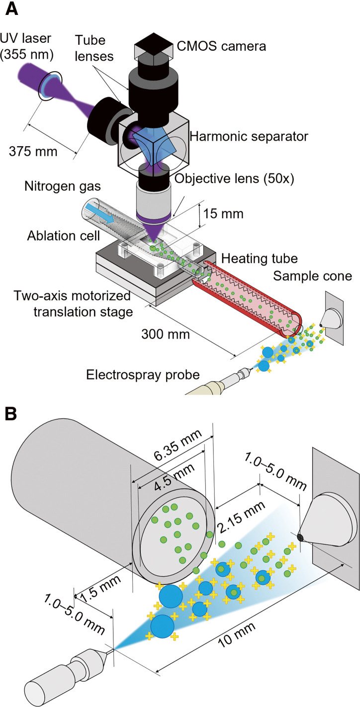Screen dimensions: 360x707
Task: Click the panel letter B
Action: [11, 414]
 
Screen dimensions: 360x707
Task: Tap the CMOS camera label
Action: [221, 46]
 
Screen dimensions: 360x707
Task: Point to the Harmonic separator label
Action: [249, 137]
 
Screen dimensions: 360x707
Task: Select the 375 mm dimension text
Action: [33, 152]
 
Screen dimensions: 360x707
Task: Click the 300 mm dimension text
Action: [166, 334]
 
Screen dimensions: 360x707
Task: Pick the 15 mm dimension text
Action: [223, 214]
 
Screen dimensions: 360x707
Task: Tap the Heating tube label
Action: [259, 259]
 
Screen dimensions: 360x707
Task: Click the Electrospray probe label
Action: [143, 375]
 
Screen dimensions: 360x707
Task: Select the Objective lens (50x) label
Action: [234, 178]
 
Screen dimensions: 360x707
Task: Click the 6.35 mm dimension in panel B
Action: [178, 445]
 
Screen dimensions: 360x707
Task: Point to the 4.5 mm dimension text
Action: [175, 477]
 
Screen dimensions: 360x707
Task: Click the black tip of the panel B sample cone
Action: [300, 537]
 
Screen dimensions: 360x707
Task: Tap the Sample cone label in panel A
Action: [312, 276]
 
